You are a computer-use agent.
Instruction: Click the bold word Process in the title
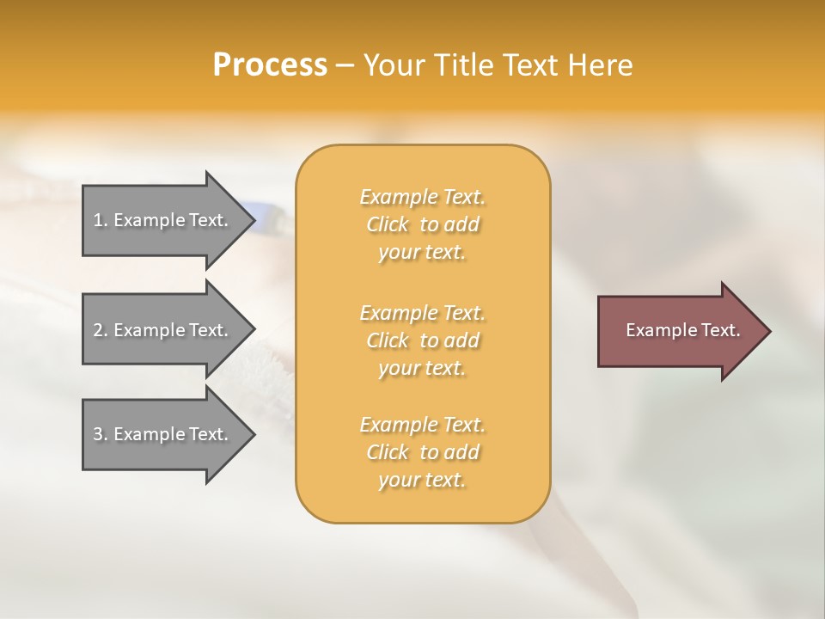270,65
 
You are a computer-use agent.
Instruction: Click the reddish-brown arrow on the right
679,331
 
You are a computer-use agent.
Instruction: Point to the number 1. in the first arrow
100,220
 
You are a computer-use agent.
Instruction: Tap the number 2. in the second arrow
100,330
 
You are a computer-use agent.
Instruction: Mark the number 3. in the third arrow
100,434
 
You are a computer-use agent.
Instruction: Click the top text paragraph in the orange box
422,224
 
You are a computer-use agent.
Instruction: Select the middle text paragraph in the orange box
422,340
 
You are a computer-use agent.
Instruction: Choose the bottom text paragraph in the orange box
422,452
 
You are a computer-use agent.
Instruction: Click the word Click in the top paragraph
388,224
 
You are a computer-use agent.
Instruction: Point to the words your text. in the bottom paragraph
422,480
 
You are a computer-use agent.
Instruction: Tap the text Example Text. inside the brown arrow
682,330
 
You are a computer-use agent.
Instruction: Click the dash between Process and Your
345,65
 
